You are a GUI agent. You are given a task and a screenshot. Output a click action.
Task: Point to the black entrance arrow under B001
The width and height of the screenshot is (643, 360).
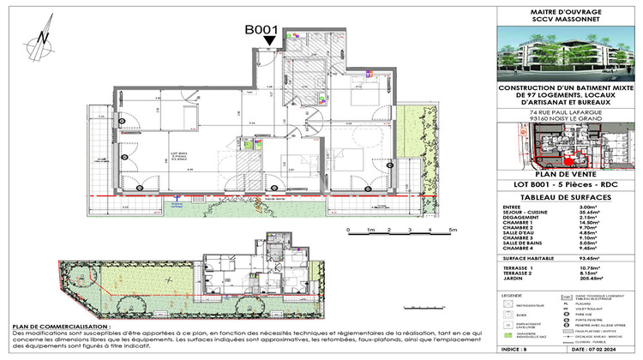(270, 40)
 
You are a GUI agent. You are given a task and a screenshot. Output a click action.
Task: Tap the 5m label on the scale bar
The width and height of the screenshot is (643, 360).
(452, 231)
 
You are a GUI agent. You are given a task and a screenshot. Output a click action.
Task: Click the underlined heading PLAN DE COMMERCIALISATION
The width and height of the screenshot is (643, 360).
(61, 327)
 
